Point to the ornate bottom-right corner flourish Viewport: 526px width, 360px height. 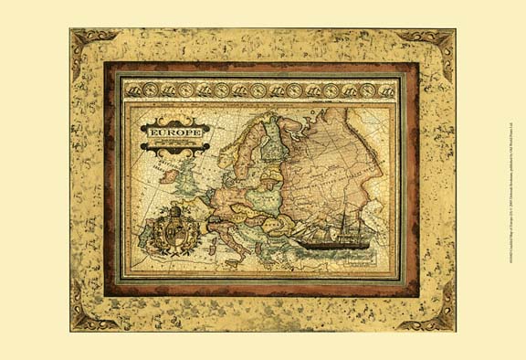point(437,315)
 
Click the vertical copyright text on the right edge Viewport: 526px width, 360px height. point(514,180)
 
